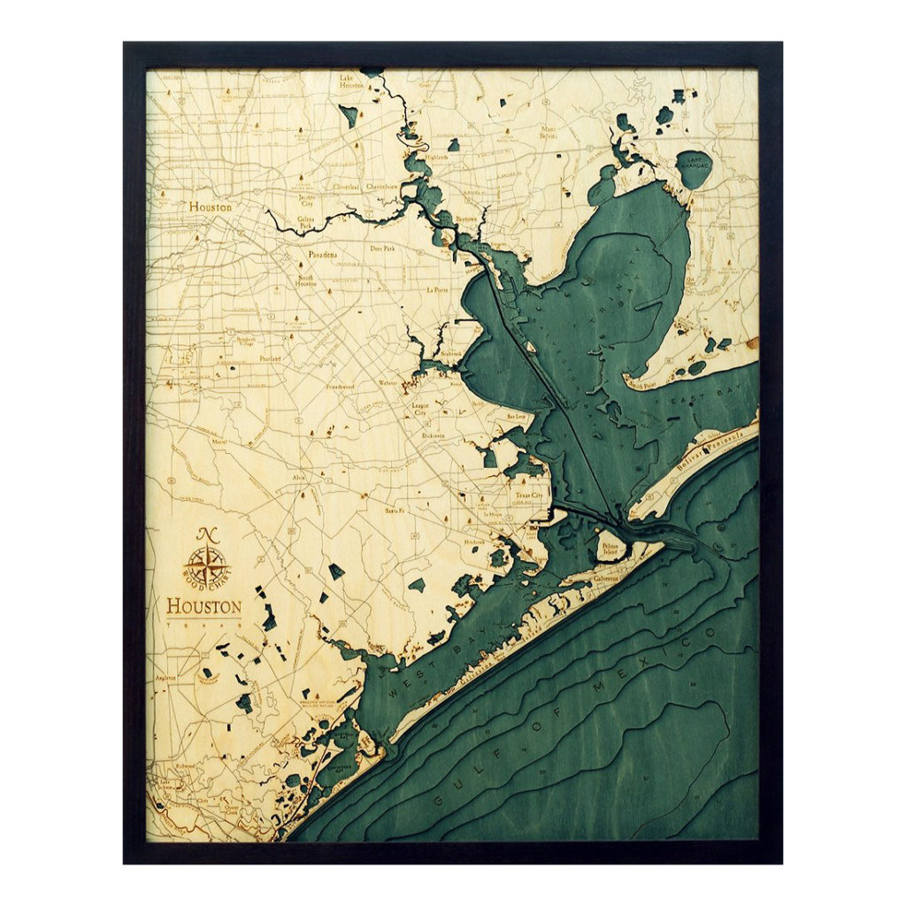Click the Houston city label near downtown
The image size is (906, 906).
pyautogui.click(x=210, y=207)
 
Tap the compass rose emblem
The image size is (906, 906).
pyautogui.click(x=207, y=564)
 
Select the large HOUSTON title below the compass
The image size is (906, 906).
pyautogui.click(x=203, y=607)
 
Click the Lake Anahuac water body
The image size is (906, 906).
pyautogui.click(x=694, y=169)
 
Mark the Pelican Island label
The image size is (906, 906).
pyautogui.click(x=610, y=549)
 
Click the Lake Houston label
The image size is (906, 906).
pyautogui.click(x=351, y=81)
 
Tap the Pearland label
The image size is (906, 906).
pyautogui.click(x=270, y=359)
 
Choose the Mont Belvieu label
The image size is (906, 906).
pyautogui.click(x=549, y=132)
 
